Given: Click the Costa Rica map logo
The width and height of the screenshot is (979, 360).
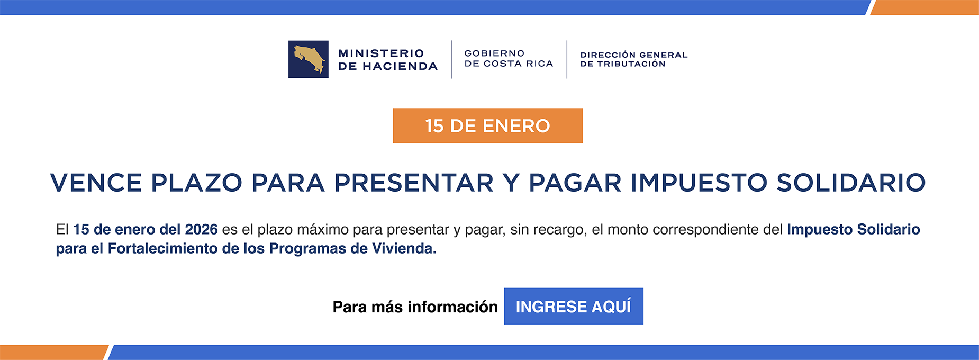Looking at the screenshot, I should (308, 59).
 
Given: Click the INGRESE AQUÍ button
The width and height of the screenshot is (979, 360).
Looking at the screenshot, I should (573, 306).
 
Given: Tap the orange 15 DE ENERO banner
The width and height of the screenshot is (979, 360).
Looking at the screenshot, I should (487, 126).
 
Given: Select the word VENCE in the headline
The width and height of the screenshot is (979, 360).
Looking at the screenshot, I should (96, 183).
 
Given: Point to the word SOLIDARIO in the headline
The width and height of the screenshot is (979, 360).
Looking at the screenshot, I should (851, 183).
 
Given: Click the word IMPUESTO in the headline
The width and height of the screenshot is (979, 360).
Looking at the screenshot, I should (699, 183).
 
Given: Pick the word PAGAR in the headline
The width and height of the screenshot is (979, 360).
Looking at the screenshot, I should (575, 183).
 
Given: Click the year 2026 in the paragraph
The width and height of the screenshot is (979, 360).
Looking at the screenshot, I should (201, 230).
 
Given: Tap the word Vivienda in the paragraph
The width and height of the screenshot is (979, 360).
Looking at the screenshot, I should (404, 249).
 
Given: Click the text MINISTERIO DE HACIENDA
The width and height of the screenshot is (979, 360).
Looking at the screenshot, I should (387, 60).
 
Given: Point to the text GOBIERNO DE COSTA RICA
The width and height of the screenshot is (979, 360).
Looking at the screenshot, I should (509, 59).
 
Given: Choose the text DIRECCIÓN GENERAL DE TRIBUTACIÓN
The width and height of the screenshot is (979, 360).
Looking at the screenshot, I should (633, 59).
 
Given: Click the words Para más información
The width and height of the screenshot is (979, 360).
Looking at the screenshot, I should (415, 307).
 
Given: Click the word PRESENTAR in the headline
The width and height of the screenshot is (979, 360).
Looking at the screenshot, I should (414, 183).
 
